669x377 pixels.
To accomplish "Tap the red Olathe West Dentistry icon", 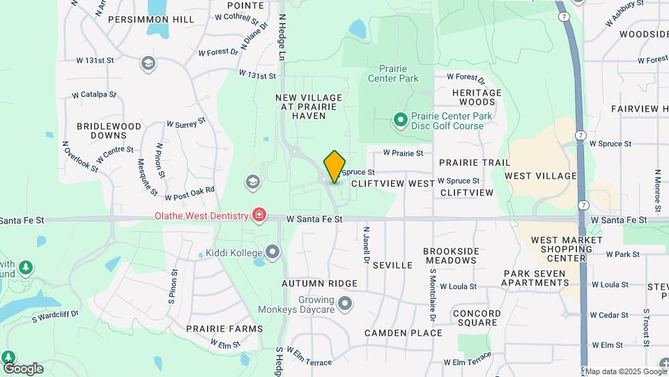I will pyautogui.click(x=259, y=214).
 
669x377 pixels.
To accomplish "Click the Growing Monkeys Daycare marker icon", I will pyautogui.click(x=345, y=304).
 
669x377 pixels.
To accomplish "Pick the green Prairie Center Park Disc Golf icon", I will pyautogui.click(x=400, y=121).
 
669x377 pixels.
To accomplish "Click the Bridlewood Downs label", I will pyautogui.click(x=109, y=131).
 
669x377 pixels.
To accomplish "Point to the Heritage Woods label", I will pyautogui.click(x=477, y=97).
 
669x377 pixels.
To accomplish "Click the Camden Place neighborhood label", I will pyautogui.click(x=403, y=333).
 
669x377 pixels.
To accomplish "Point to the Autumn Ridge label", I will pyautogui.click(x=319, y=284).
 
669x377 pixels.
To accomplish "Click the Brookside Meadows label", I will pyautogui.click(x=451, y=256).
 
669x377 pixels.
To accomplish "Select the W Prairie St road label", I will pyautogui.click(x=403, y=153).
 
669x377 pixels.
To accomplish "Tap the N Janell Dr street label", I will pyautogui.click(x=366, y=247).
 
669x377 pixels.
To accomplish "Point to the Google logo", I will pyautogui.click(x=22, y=369).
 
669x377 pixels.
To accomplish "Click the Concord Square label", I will pyautogui.click(x=477, y=318).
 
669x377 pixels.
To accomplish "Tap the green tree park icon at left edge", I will pyautogui.click(x=26, y=267).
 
